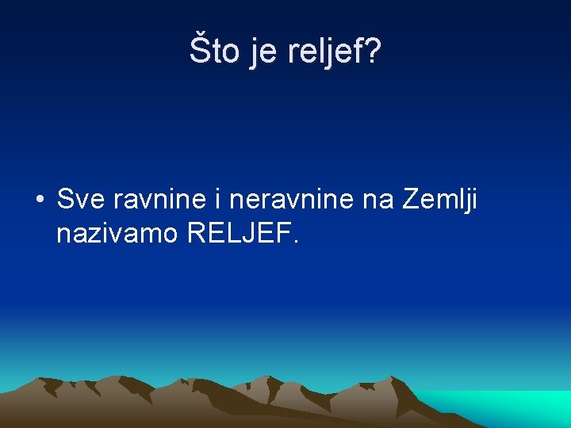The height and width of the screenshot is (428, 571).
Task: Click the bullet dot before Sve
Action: [39, 200]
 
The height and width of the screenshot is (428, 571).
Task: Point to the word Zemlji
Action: [441, 201]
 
